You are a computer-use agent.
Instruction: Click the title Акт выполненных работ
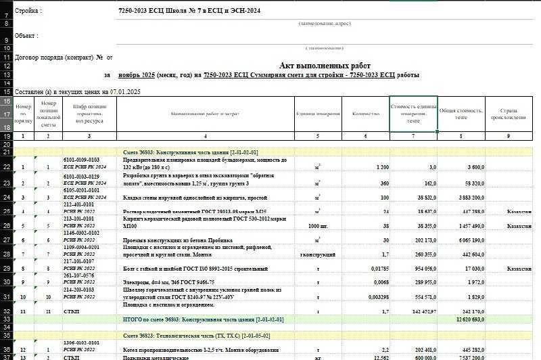[x=325, y=65]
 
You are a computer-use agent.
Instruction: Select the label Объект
[x=26, y=35]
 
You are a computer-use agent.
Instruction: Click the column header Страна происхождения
[x=509, y=114]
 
